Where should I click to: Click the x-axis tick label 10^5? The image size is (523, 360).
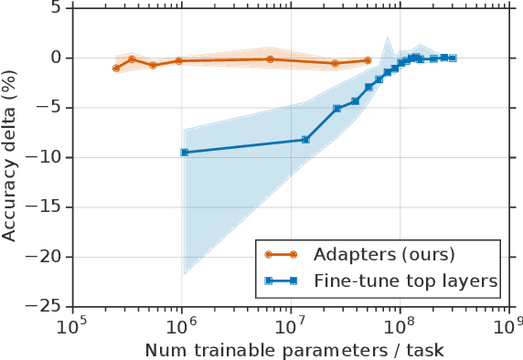coord(72,325)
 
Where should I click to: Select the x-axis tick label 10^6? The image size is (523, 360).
coord(181,325)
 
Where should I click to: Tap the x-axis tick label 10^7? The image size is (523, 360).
coord(291,325)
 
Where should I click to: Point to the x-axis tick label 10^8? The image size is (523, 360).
coord(400,325)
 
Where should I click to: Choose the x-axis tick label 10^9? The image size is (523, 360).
coord(508,325)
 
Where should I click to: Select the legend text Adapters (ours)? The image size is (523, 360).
coord(382,254)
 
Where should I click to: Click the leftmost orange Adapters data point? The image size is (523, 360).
coord(116,69)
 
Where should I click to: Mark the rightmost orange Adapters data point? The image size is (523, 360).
coord(368,60)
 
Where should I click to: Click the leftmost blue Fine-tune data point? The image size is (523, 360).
coord(185,153)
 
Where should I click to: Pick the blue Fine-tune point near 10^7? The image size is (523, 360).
coord(305,140)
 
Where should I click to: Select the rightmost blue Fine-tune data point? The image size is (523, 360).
coord(453,58)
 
